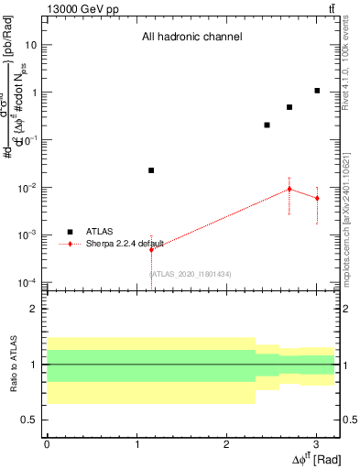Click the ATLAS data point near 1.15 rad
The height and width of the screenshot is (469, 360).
pyautogui.click(x=151, y=170)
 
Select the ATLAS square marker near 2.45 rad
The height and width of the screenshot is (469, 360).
pyautogui.click(x=267, y=125)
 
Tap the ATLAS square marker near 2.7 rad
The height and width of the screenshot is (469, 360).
pyautogui.click(x=289, y=107)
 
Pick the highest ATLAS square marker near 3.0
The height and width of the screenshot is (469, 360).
pyautogui.click(x=317, y=91)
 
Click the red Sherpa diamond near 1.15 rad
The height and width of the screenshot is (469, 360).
pyautogui.click(x=151, y=249)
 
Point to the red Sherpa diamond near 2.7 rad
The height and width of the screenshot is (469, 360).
pyautogui.click(x=289, y=189)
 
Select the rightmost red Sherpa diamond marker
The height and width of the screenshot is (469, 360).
pyautogui.click(x=317, y=198)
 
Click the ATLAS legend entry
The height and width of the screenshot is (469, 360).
pyautogui.click(x=95, y=232)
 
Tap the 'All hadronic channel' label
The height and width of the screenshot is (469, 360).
pyautogui.click(x=191, y=38)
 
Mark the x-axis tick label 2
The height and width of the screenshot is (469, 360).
pyautogui.click(x=226, y=443)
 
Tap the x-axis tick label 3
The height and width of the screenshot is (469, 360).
pyautogui.click(x=316, y=443)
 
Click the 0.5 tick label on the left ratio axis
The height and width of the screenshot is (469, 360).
pyautogui.click(x=28, y=420)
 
